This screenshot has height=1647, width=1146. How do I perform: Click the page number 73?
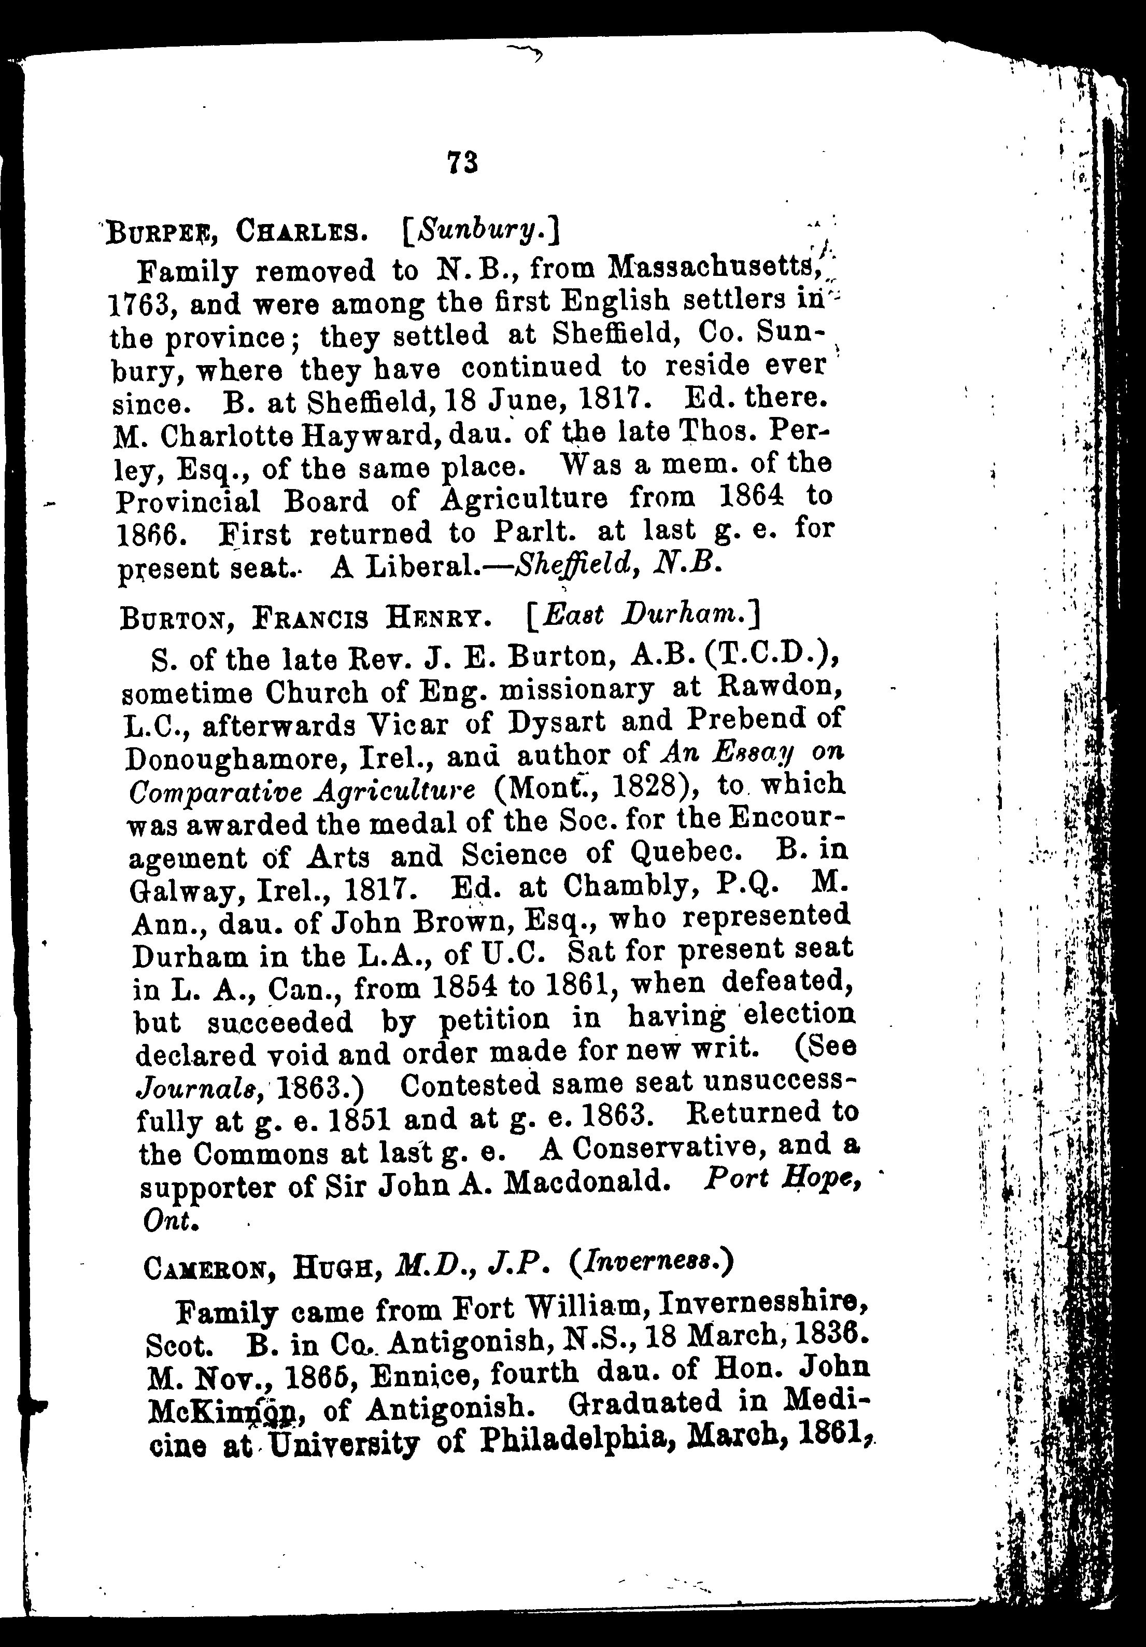point(462,163)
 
